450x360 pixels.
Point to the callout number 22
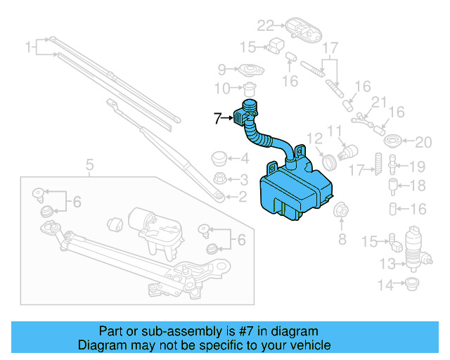point(264,26)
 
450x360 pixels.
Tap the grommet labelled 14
point(412,284)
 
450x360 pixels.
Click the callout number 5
point(89,165)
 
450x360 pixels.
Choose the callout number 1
point(29,48)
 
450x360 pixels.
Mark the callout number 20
point(422,143)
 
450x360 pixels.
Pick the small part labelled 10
point(248,90)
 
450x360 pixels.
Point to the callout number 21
point(379,103)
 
